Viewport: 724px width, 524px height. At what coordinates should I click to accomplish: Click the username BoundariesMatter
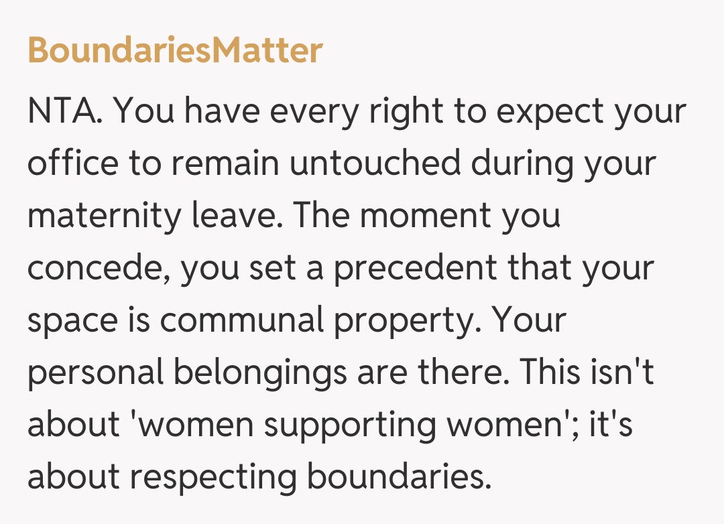pos(175,50)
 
